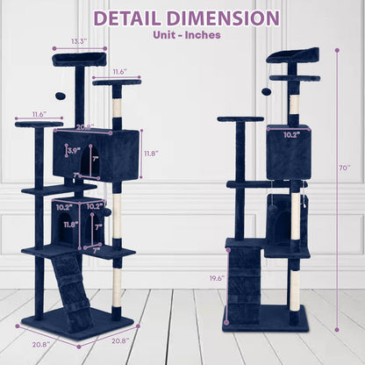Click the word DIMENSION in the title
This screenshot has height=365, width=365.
(x=224, y=18)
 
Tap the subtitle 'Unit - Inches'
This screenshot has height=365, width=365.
(x=187, y=35)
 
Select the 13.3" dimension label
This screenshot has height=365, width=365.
(x=79, y=41)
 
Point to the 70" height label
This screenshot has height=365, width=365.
(x=345, y=168)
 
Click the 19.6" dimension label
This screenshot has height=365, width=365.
(x=217, y=278)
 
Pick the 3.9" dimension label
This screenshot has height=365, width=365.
(x=74, y=151)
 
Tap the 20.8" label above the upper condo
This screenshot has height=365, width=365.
(x=85, y=127)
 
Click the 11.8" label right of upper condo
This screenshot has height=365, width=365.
(x=152, y=153)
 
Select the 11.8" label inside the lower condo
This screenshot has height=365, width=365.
(x=71, y=225)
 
